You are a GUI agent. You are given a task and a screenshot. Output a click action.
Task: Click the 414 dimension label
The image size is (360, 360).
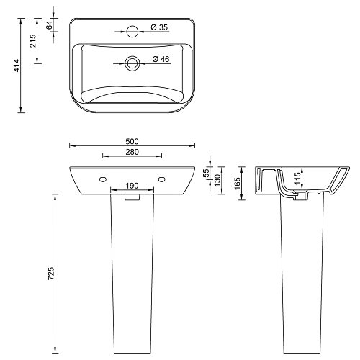pos(17,66)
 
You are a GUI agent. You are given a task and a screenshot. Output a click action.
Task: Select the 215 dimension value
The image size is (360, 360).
pos(32,41)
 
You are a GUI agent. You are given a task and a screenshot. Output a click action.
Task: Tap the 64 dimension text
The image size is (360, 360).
pos(49,25)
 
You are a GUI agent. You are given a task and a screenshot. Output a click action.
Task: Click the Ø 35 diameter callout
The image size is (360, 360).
pos(159,27)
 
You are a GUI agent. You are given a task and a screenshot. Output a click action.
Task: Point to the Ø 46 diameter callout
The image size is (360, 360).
pos(161,59)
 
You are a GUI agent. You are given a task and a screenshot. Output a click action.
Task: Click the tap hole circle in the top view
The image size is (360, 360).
pos(132,32)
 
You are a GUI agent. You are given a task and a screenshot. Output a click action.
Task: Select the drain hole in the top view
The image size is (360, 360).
pos(132,63)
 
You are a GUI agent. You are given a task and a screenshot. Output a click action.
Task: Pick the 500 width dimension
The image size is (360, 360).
pos(132,142)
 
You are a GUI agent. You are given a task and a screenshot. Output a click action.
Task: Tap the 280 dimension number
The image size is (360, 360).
pos(132,152)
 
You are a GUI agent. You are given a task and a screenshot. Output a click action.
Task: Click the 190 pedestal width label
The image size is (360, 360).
pos(132,186)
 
